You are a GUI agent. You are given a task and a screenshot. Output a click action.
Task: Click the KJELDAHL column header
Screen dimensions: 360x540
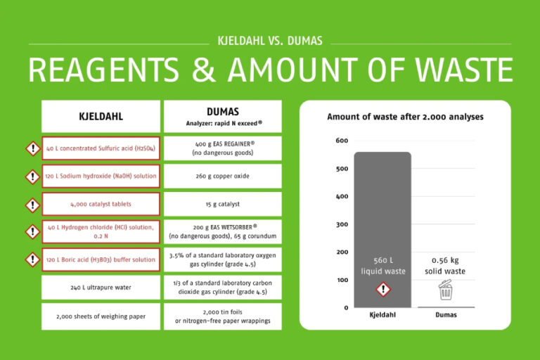tap(101, 116)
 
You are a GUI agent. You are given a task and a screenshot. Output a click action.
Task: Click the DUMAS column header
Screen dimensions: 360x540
tap(222, 116)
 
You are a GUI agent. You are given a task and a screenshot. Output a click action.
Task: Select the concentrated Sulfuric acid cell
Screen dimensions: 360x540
tap(101, 148)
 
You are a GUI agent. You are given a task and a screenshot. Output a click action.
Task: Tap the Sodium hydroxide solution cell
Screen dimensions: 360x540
tap(101, 176)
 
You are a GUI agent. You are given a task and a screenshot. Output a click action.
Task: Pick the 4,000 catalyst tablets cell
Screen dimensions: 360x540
tap(101, 204)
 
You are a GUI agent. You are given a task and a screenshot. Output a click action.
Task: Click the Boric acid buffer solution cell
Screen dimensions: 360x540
tap(101, 259)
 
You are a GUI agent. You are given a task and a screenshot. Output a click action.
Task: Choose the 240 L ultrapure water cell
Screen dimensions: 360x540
tap(101, 287)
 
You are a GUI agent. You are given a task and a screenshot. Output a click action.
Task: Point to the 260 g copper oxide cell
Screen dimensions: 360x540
tap(222, 176)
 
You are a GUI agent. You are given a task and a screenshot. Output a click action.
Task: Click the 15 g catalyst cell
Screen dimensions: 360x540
tap(222, 204)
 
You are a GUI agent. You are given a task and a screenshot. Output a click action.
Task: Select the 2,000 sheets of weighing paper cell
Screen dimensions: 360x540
tap(101, 316)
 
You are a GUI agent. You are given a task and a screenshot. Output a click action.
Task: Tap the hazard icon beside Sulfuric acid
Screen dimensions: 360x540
tap(32, 148)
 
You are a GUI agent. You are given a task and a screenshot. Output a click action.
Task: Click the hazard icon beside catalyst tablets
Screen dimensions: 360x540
tap(32, 205)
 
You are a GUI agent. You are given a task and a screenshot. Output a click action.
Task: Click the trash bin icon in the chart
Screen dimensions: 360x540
tap(444, 290)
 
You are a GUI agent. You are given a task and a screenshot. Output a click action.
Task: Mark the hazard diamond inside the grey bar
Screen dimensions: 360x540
tap(382, 289)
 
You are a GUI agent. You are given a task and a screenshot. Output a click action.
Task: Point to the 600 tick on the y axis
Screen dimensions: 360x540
tap(341, 141)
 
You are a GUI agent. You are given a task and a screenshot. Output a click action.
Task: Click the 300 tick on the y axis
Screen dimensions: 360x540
tap(341, 224)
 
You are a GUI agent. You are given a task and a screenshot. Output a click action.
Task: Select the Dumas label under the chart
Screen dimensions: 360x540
tap(444, 315)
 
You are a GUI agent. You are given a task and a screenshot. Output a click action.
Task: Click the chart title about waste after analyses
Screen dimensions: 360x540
tap(405, 117)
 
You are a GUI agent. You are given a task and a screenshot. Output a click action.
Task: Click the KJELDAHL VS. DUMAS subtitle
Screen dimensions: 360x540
tap(270, 41)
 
